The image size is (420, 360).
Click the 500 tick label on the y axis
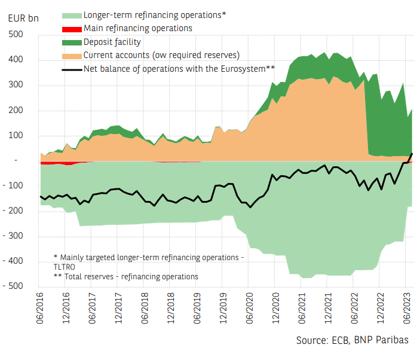click(x=16, y=35)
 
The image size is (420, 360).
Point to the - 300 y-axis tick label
click(x=14, y=236)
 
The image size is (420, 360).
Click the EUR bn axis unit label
click(x=23, y=17)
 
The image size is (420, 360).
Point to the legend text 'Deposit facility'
click(x=112, y=42)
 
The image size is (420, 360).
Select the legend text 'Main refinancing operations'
click(x=138, y=28)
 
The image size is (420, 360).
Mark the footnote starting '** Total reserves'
click(x=125, y=276)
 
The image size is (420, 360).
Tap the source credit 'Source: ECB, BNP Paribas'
click(x=352, y=340)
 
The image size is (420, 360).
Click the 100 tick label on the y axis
click(x=16, y=135)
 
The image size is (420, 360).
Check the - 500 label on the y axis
click(x=14, y=286)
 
